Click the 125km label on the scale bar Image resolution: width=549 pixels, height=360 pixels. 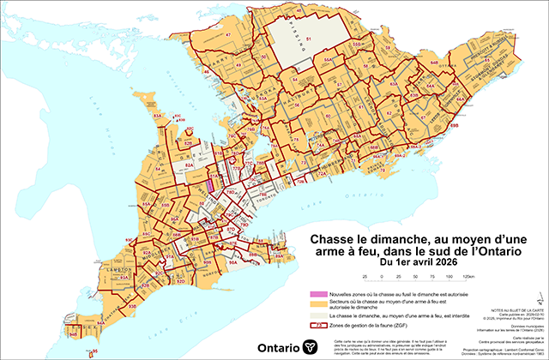click(468, 277)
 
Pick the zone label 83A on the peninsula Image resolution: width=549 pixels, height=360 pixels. click(158, 113)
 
